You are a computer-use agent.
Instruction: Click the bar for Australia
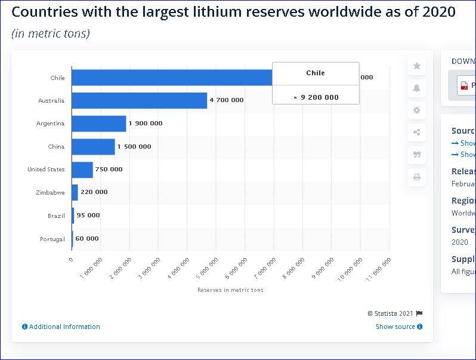tap(139, 100)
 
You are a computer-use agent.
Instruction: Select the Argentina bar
tap(98, 124)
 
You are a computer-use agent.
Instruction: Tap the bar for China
tap(93, 146)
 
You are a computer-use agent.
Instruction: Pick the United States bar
tap(82, 170)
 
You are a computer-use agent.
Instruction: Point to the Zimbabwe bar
tap(75, 192)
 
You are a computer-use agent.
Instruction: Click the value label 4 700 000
tap(227, 100)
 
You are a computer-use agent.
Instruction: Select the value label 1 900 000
tap(146, 124)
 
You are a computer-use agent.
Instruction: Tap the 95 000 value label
tap(88, 216)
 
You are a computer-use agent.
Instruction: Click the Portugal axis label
tap(52, 239)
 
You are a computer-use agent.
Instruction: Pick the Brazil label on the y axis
tap(56, 216)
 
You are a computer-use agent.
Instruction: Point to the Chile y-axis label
tap(57, 78)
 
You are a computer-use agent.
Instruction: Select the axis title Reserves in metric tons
tap(230, 290)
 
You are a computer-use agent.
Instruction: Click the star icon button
tap(416, 66)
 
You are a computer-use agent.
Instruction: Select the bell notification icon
tap(416, 88)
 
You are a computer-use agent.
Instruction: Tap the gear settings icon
tap(416, 110)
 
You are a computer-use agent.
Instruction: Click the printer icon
tap(416, 177)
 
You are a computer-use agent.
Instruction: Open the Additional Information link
tap(61, 327)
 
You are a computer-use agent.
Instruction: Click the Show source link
tap(399, 327)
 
